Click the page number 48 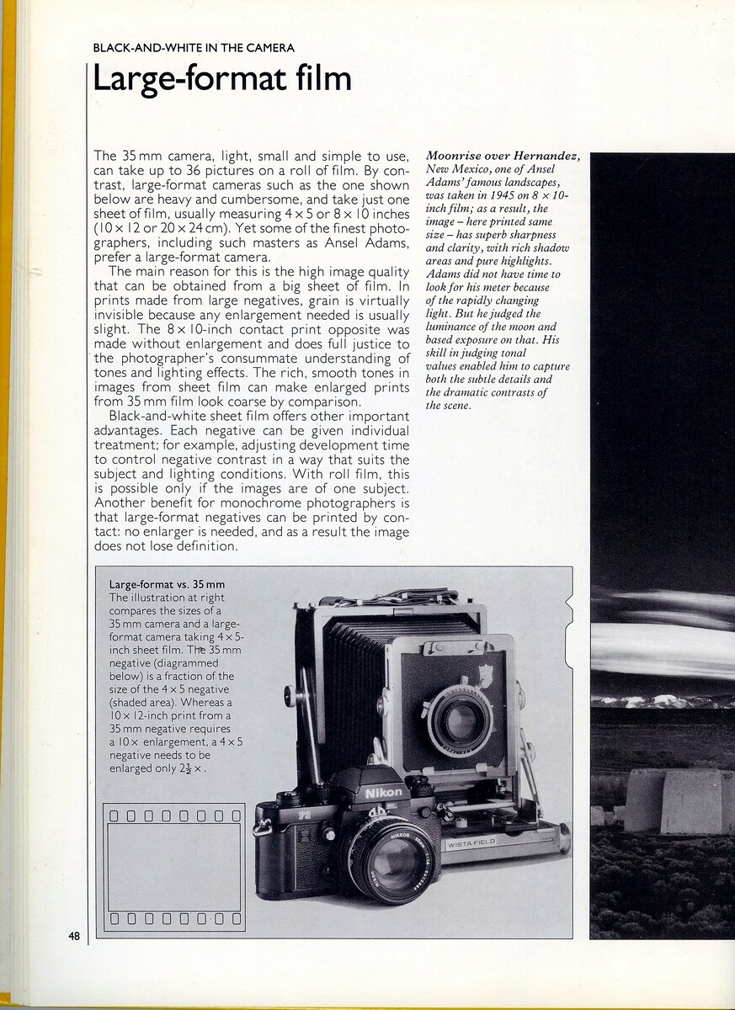pyautogui.click(x=74, y=935)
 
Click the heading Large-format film pyautogui.click(x=221, y=78)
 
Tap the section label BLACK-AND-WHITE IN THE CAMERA pyautogui.click(x=194, y=48)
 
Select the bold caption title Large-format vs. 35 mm pyautogui.click(x=167, y=584)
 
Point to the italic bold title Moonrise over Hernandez pyautogui.click(x=503, y=157)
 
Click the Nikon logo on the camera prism pyautogui.click(x=383, y=792)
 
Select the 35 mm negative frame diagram pyautogui.click(x=174, y=866)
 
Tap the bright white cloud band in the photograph pyautogui.click(x=665, y=648)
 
